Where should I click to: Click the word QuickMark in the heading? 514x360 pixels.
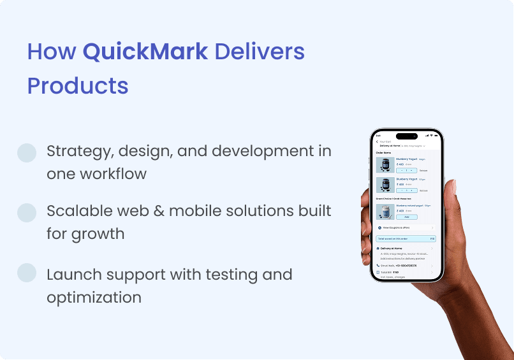[145, 52]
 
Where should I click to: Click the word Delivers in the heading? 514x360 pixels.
[260, 52]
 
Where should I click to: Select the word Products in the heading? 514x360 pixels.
[78, 85]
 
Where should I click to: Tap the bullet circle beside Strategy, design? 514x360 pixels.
[27, 152]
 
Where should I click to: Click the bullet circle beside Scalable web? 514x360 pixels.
[27, 213]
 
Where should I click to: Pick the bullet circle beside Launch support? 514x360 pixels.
[27, 272]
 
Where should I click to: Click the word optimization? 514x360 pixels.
[94, 297]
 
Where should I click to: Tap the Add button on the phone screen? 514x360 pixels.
[406, 217]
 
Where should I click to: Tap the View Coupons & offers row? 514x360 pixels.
[406, 227]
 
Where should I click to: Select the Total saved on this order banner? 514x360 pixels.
[406, 239]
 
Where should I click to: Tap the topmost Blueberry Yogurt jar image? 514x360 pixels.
[385, 164]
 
